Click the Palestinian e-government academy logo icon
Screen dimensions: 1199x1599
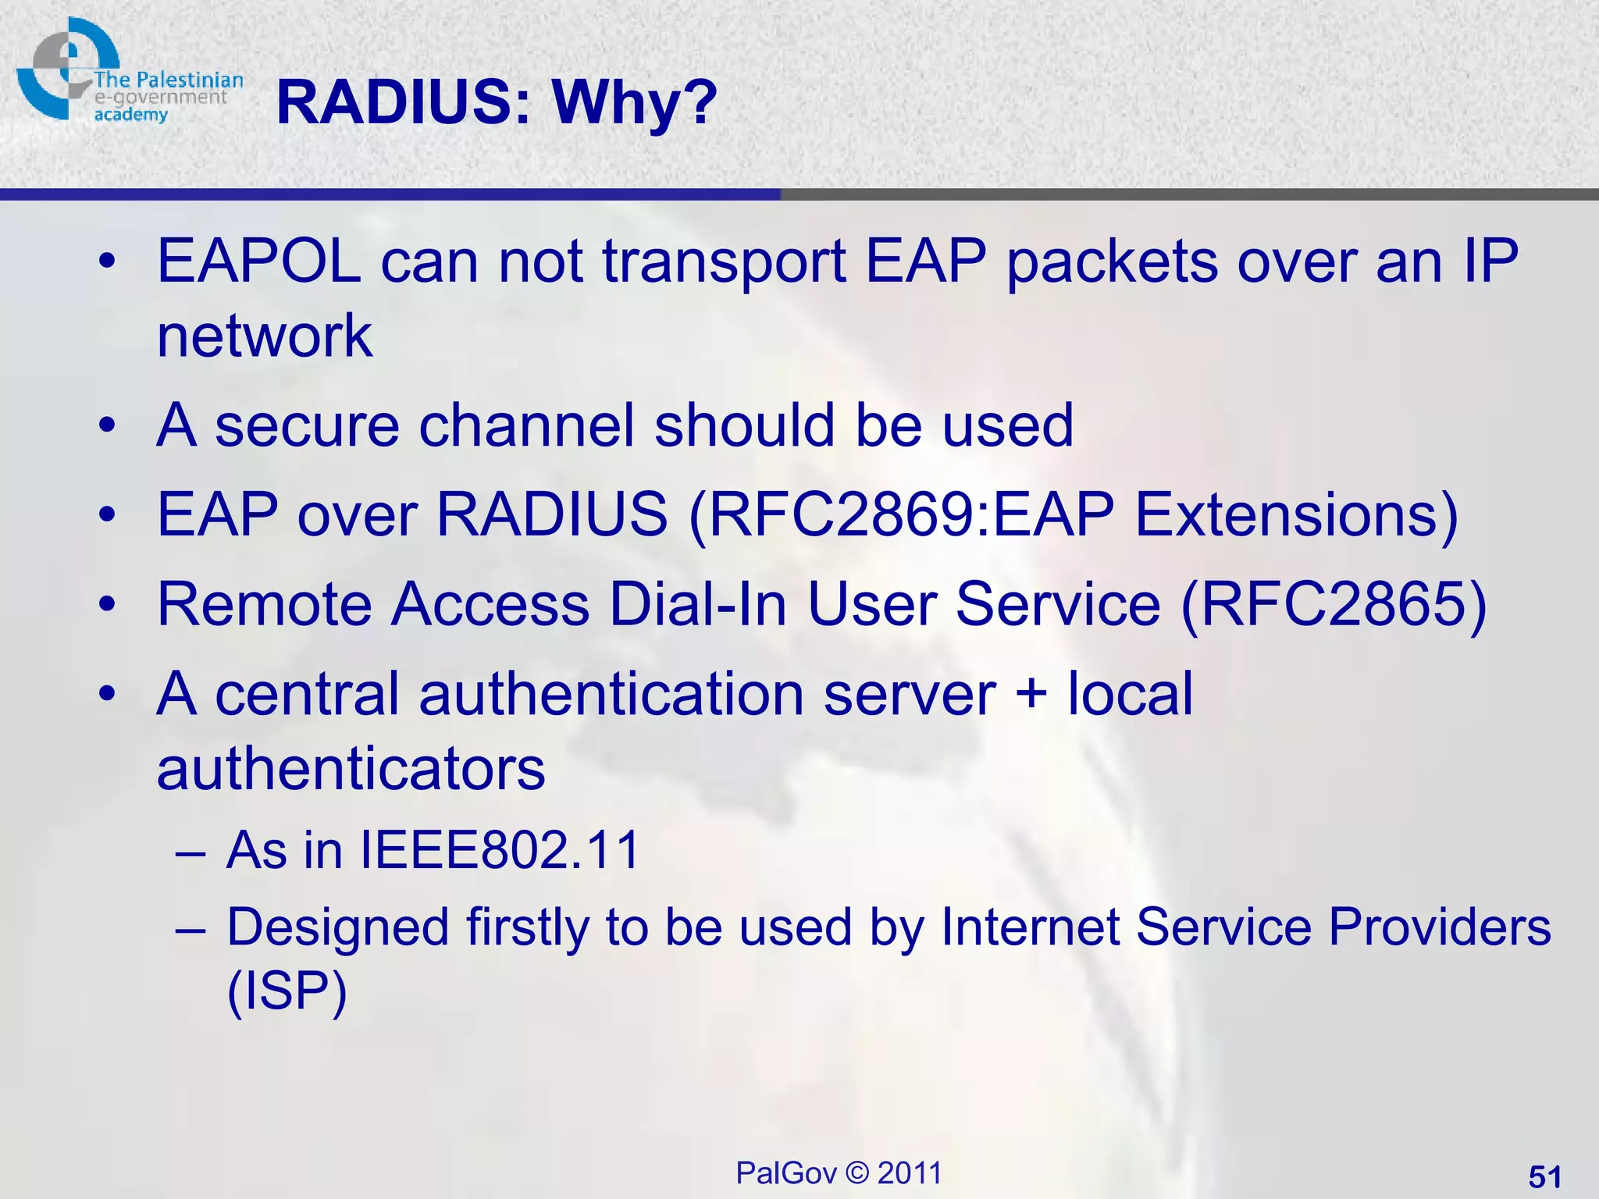[x=67, y=69]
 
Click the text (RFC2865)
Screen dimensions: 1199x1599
[x=1334, y=604]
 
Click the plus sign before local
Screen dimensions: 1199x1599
[x=1031, y=692]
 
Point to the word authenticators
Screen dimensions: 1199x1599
[x=351, y=768]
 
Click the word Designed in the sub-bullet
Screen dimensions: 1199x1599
[x=337, y=927]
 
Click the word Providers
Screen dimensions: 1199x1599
[x=1439, y=927]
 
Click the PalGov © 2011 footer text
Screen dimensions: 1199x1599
[x=839, y=1172]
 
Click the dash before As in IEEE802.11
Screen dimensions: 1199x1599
[x=191, y=851]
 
